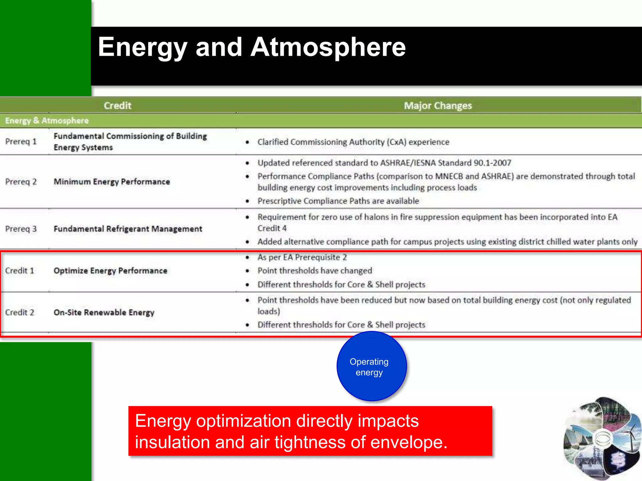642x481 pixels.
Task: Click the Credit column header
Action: click(118, 106)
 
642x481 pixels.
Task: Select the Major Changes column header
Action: click(438, 106)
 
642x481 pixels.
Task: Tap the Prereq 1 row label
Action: click(21, 142)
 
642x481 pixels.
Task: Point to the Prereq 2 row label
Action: click(21, 182)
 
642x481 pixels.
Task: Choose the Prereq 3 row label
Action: click(21, 229)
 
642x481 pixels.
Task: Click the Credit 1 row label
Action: click(19, 271)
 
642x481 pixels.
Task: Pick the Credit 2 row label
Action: click(19, 312)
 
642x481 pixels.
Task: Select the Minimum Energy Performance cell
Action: click(112, 182)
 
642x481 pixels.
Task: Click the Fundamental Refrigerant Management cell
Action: click(128, 229)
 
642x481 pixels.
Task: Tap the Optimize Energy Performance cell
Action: click(110, 271)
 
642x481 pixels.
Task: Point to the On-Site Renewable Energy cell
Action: click(104, 312)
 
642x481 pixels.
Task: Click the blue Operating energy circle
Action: click(371, 366)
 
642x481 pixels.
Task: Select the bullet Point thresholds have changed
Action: click(315, 271)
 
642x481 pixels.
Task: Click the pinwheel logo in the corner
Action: click(602, 438)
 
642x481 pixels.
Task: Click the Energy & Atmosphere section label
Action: click(47, 121)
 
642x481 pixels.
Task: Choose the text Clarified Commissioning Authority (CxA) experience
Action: click(353, 142)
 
